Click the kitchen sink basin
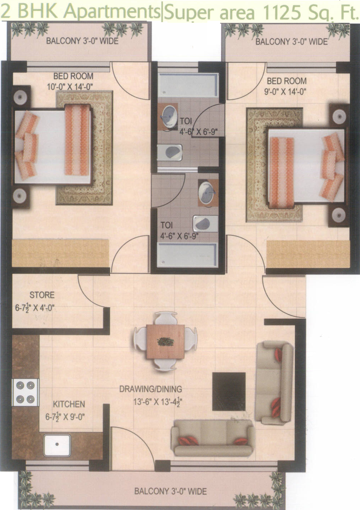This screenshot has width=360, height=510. click(x=57, y=444)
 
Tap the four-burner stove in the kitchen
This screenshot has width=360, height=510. click(x=25, y=392)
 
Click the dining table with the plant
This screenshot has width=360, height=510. click(x=165, y=342)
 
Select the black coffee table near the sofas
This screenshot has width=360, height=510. click(x=229, y=391)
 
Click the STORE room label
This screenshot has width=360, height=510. click(x=42, y=295)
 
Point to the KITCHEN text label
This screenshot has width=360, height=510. click(x=69, y=404)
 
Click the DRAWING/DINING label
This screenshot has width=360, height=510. click(x=151, y=389)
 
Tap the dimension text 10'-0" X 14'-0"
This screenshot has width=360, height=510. click(x=70, y=87)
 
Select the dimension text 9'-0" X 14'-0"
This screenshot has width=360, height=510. click(x=285, y=92)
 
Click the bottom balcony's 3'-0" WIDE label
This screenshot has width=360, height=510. click(x=170, y=491)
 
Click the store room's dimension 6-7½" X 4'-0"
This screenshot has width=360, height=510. click(x=35, y=308)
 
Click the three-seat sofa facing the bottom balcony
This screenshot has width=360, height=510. click(x=213, y=437)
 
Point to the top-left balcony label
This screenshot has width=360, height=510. click(x=82, y=41)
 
